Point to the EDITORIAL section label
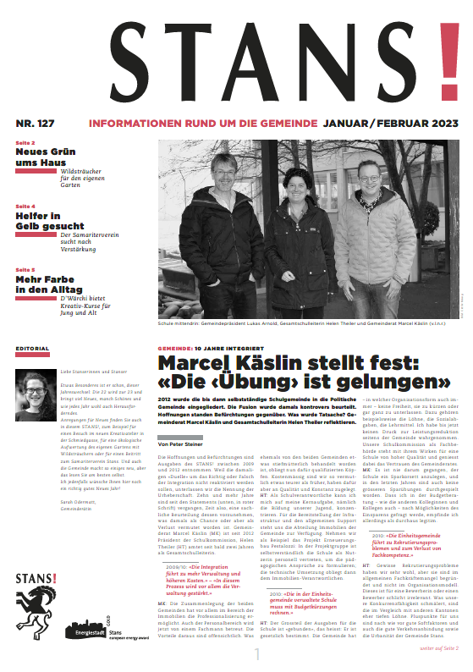click(x=32, y=348)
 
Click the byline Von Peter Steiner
click(x=184, y=443)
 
